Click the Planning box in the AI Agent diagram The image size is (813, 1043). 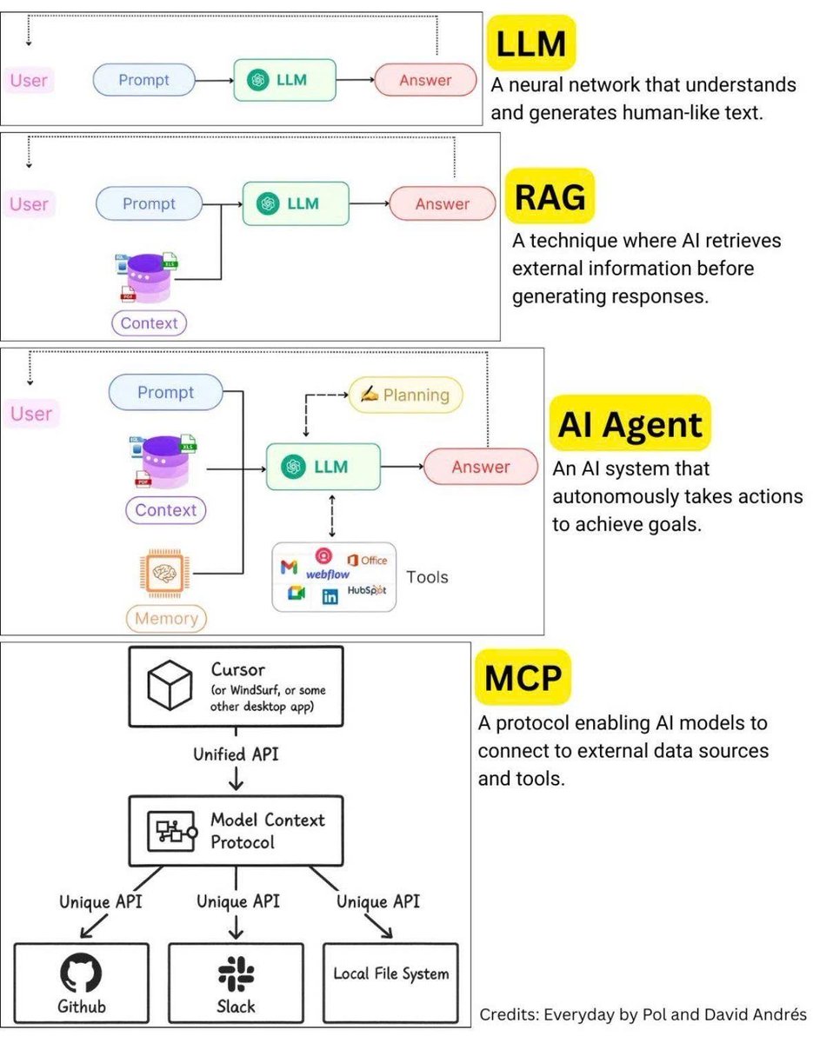pyautogui.click(x=406, y=395)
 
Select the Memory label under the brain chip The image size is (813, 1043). pyautogui.click(x=167, y=620)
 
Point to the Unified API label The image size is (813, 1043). pyautogui.click(x=236, y=754)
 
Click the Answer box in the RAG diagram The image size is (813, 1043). pyautogui.click(x=442, y=204)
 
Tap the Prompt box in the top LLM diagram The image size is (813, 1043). pyautogui.click(x=143, y=81)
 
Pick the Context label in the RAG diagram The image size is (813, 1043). pyautogui.click(x=149, y=323)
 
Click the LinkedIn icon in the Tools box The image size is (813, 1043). pyautogui.click(x=330, y=597)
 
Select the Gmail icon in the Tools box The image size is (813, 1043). pyautogui.click(x=289, y=568)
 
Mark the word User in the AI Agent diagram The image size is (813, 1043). pyautogui.click(x=31, y=414)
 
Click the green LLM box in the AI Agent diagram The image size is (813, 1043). pyautogui.click(x=323, y=467)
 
